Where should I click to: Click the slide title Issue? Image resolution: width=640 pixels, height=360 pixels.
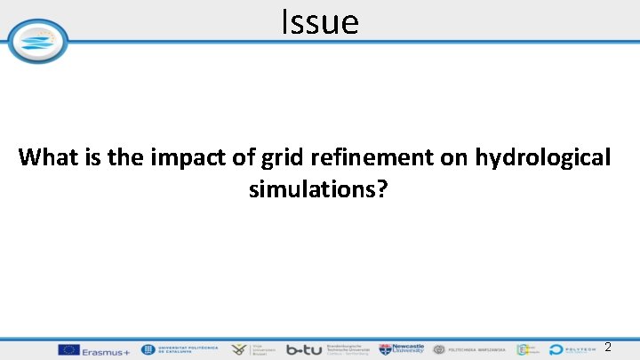320,21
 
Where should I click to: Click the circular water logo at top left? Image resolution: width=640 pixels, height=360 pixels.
37,41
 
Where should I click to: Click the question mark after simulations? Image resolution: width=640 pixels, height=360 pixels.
383,189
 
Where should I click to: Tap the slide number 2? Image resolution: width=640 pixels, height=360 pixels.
608,347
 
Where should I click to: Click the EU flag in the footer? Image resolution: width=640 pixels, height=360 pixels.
68,350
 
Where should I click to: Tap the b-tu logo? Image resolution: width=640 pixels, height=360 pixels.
304,350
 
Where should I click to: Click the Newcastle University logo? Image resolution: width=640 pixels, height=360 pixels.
403,350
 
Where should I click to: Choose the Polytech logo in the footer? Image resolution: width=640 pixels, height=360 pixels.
578,350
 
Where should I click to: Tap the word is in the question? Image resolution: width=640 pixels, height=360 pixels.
92,158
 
